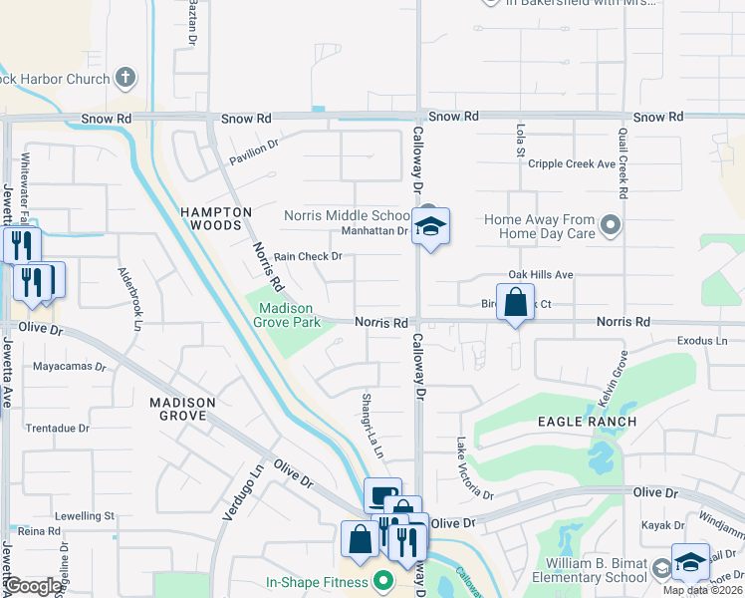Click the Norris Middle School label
[347, 215]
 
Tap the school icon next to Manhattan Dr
[431, 228]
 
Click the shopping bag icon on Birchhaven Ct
[515, 302]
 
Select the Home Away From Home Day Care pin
[612, 226]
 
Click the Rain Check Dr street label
[308, 256]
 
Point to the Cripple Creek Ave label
[573, 164]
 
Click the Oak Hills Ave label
[541, 274]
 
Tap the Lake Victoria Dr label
[474, 468]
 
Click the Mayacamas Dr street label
[70, 366]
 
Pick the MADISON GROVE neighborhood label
[183, 409]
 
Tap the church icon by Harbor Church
[125, 77]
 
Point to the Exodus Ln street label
[702, 340]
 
